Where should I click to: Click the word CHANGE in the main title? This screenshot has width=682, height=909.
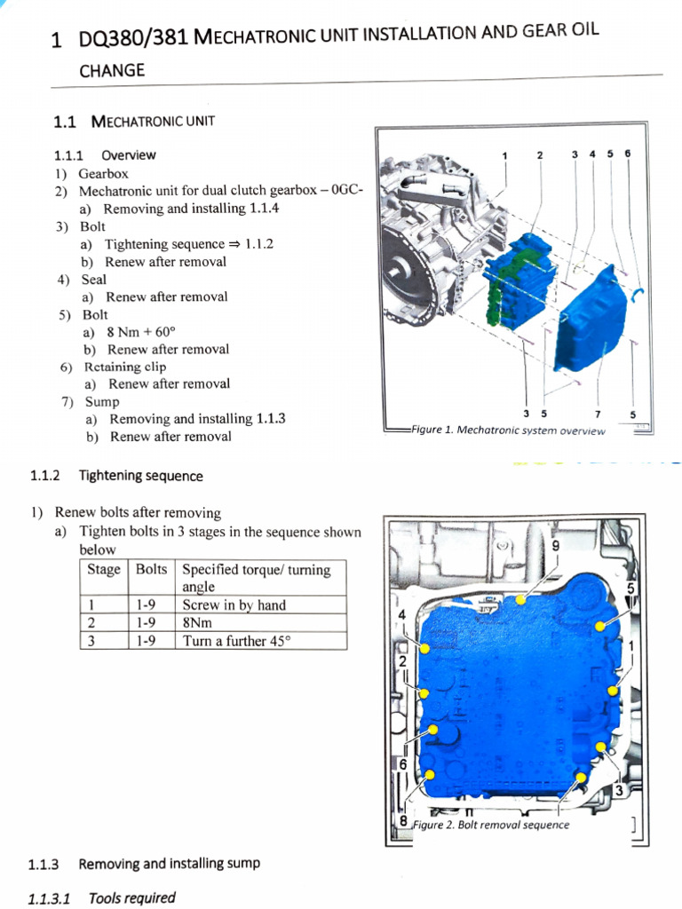pos(111,70)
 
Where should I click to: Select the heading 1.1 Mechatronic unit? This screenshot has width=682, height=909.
pos(134,121)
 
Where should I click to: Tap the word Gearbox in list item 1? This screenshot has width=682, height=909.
pos(103,173)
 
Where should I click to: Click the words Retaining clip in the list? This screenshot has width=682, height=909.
pos(125,366)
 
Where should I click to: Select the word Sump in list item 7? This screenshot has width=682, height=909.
pos(103,401)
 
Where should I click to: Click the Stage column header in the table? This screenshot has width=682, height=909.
pos(104,569)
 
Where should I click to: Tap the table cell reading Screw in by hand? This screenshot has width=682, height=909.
pos(234,605)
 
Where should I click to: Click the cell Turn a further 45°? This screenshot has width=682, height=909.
pos(235,641)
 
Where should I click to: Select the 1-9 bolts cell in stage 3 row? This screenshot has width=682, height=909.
pos(149,641)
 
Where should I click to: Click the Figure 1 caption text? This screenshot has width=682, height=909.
pos(509,431)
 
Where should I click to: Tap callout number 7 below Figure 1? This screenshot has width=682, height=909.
pos(598,414)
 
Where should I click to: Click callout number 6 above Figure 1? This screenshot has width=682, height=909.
pos(628,154)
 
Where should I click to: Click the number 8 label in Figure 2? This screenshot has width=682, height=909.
pos(403,821)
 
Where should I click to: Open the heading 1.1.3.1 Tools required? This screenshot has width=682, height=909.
pos(101,897)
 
